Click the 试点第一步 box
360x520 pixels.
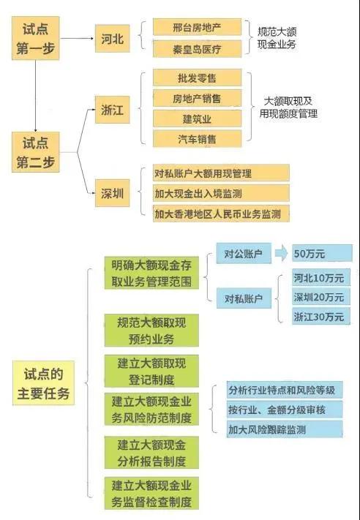36,38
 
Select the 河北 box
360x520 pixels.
112,39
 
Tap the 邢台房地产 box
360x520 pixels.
197,27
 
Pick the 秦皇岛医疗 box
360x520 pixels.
197,49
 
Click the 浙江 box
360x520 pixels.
112,110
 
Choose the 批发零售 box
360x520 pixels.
197,78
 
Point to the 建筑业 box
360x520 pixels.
197,118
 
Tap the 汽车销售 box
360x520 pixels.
197,139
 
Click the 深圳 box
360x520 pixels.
112,193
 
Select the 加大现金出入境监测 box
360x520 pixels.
221,193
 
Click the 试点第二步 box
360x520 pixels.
36,152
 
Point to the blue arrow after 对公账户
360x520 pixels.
282,254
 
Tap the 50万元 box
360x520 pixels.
322,253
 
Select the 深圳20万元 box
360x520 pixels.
320,297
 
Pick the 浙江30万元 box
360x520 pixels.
320,317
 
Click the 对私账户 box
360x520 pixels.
244,298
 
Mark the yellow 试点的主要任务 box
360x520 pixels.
43,383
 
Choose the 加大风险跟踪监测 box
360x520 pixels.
285,429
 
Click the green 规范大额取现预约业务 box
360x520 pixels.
151,331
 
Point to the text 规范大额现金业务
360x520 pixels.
277,38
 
